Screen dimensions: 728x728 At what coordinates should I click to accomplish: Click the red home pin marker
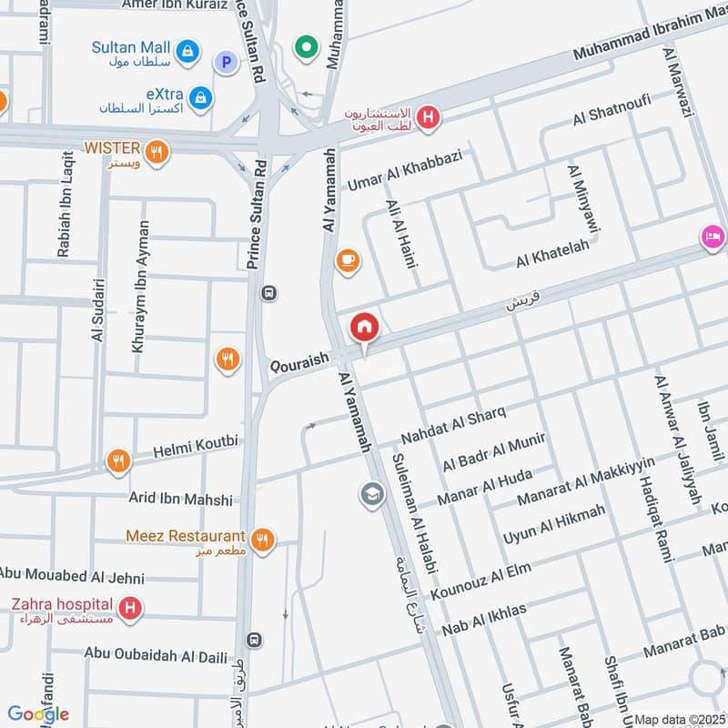click(365, 327)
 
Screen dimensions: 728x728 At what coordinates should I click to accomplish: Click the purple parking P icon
click(224, 62)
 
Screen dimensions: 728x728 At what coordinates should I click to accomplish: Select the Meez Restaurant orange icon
click(263, 540)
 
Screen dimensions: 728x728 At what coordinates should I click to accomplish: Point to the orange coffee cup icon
click(348, 261)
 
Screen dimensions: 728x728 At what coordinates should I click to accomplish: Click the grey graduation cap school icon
click(372, 494)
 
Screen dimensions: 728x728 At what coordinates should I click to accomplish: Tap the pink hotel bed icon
click(713, 237)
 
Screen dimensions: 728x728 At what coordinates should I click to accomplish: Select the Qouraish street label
click(299, 362)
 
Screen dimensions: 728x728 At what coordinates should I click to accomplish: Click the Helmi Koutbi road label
click(196, 442)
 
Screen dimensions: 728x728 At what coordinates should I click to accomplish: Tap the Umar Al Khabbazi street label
click(405, 169)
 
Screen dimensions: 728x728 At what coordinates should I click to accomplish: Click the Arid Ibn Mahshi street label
click(180, 500)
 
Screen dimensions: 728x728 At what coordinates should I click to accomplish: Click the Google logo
click(38, 713)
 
